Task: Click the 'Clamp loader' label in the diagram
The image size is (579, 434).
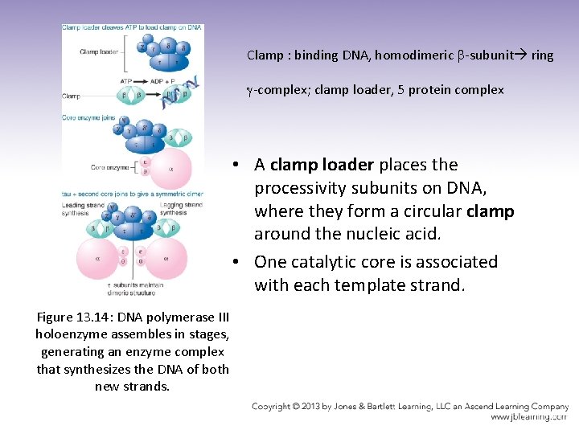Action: (x=98, y=52)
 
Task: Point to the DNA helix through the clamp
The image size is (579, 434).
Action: (x=180, y=90)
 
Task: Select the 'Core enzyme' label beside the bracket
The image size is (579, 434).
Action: (x=108, y=167)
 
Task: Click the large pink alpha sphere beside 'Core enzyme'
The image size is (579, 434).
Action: (x=170, y=168)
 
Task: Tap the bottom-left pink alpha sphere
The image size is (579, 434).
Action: (x=96, y=259)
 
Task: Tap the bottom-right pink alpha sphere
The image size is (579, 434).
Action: (x=166, y=259)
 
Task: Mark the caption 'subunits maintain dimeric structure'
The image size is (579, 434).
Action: (x=134, y=289)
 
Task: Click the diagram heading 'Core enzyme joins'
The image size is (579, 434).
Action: (x=91, y=117)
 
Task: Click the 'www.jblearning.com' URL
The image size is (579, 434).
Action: (x=529, y=417)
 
